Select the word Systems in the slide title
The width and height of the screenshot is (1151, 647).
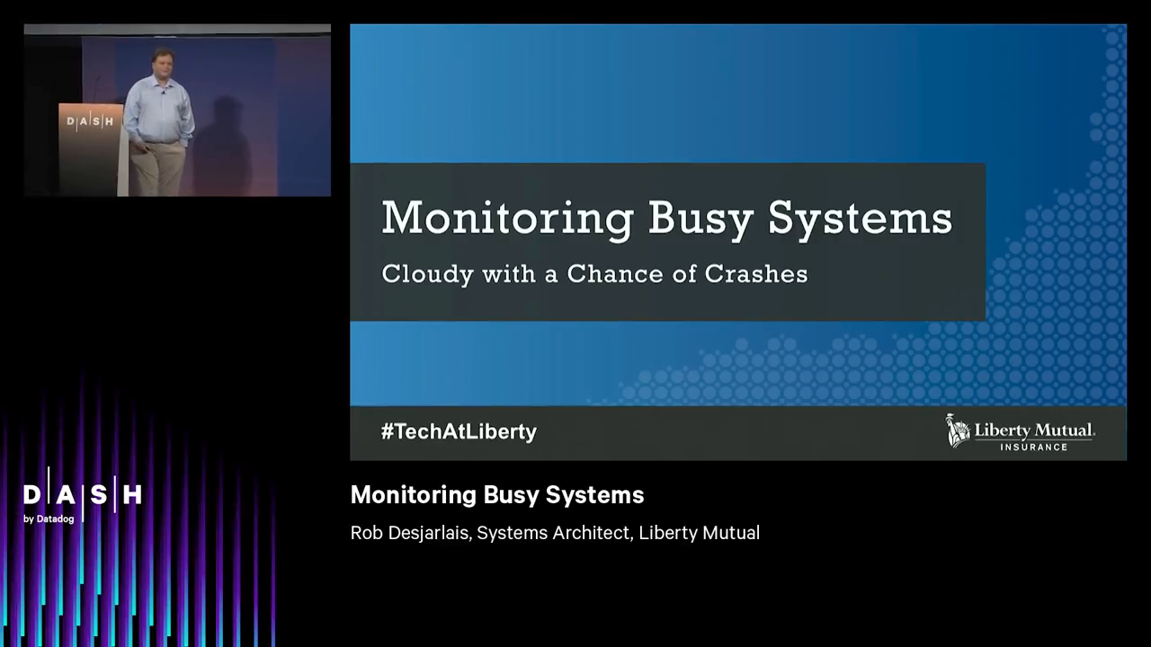[x=861, y=218]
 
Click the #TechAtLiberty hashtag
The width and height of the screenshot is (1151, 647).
[x=459, y=431]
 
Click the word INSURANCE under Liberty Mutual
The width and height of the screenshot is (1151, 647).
[x=1034, y=447]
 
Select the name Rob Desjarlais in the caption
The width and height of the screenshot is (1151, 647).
[x=410, y=533]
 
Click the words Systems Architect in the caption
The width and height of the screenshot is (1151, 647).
[x=553, y=533]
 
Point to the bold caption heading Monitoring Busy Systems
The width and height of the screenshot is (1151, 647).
[x=497, y=495]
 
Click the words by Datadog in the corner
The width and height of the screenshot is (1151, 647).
[x=49, y=518]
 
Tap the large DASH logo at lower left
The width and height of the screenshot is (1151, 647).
[x=83, y=494]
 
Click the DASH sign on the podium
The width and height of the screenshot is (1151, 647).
[x=90, y=121]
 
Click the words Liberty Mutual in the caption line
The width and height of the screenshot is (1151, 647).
[x=699, y=533]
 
